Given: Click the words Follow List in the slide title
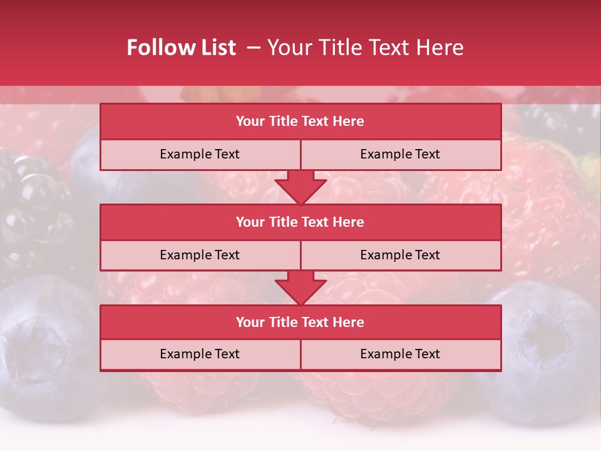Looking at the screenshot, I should pos(181,48).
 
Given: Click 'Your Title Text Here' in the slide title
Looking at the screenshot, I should pos(365,48).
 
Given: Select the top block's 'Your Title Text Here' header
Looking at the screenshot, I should pos(300,122).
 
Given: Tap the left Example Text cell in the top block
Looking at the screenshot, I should pos(200,154).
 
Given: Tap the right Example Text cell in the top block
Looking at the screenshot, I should pos(400,154).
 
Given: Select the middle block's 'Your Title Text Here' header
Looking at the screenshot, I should pos(300,222).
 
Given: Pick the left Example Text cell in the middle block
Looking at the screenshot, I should pos(200,255).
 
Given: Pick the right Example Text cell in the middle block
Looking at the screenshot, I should pos(400,255).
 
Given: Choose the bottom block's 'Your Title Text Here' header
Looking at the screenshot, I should pos(300,322).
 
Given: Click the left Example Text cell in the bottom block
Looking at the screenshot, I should pos(200,354).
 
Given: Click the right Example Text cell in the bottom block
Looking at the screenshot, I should pos(400,354).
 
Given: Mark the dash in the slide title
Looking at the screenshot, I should pos(254,48).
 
